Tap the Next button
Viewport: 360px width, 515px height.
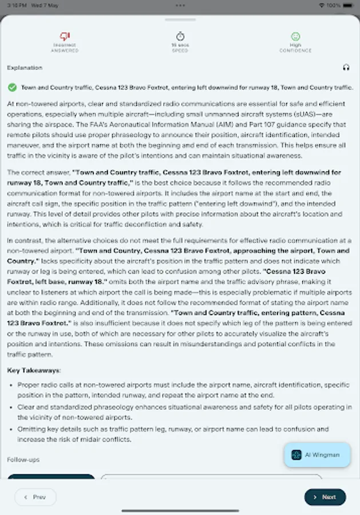tap(325, 497)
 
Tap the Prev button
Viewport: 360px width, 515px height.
tap(35, 497)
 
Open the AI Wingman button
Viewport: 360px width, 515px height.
tap(317, 455)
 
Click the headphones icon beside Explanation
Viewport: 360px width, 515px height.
tap(346, 68)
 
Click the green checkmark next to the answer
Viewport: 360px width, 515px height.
tap(11, 88)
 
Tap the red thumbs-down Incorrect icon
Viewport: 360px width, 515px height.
tap(65, 36)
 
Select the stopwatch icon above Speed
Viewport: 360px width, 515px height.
tap(180, 36)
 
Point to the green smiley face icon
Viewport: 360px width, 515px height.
tap(295, 36)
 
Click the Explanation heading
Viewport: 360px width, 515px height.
tap(25, 68)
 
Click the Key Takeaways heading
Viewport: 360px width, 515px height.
tap(34, 370)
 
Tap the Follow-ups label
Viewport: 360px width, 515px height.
tap(23, 459)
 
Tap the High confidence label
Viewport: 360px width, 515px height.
tap(295, 45)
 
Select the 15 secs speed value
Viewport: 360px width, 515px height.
tap(180, 45)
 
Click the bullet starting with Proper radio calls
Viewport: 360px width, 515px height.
tap(183, 390)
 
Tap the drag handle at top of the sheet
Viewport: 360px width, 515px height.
tap(180, 20)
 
